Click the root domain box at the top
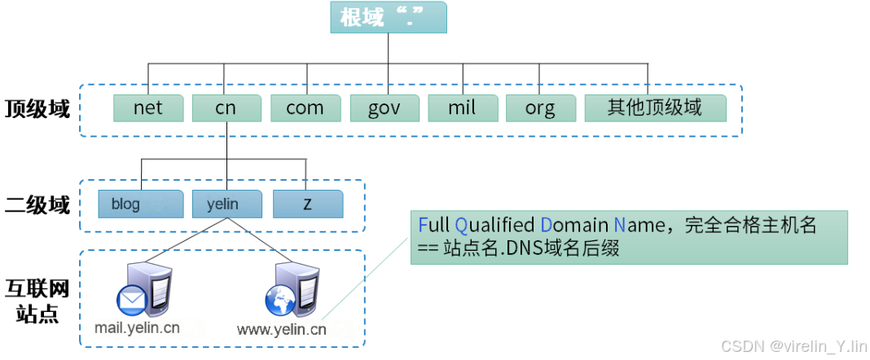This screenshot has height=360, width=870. (388, 17)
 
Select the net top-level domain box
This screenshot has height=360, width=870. (147, 108)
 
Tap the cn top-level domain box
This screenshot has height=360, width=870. (226, 108)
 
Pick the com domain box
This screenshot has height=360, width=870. (305, 108)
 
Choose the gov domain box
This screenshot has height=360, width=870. (384, 108)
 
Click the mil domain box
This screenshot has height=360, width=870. (462, 108)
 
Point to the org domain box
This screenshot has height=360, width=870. (540, 108)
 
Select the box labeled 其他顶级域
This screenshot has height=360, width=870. (654, 108)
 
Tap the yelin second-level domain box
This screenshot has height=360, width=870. (226, 204)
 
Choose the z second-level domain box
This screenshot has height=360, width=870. (307, 204)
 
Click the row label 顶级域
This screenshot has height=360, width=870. (37, 109)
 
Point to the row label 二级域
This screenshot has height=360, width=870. (37, 205)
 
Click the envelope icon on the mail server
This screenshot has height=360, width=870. (130, 301)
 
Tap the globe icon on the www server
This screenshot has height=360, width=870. (279, 301)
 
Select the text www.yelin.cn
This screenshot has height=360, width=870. (282, 330)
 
